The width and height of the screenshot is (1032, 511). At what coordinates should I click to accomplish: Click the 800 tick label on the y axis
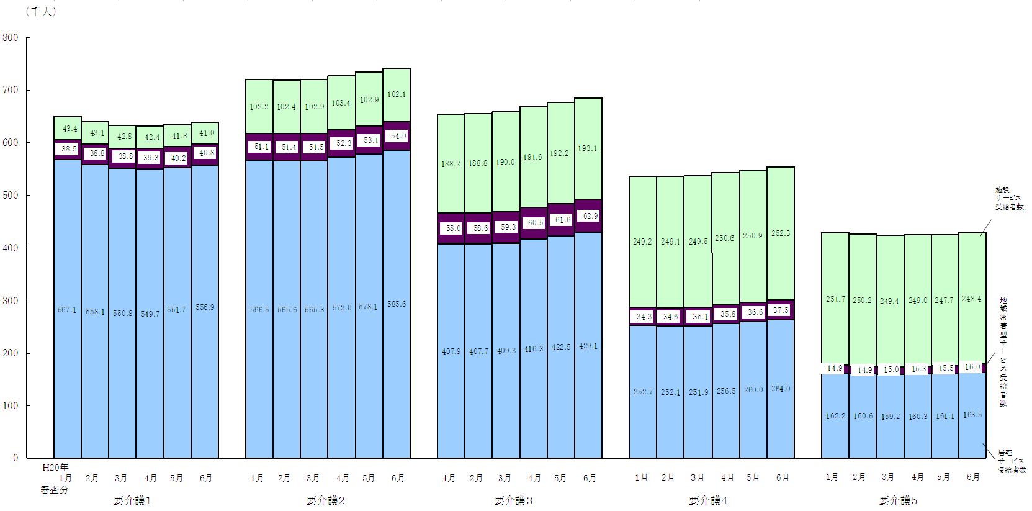pyautogui.click(x=11, y=37)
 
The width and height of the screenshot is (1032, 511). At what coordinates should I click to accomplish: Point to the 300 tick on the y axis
pyautogui.click(x=11, y=301)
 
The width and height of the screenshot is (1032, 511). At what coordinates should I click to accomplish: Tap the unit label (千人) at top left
pyautogui.click(x=41, y=11)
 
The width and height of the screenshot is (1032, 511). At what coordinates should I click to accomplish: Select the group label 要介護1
pyautogui.click(x=132, y=500)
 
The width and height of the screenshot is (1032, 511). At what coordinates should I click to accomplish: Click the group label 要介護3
pyautogui.click(x=513, y=500)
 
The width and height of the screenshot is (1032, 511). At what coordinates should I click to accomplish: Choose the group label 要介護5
pyautogui.click(x=898, y=500)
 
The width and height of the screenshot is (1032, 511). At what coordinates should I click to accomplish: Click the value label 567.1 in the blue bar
pyautogui.click(x=67, y=309)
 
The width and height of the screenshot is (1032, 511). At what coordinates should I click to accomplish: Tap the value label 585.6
pyautogui.click(x=397, y=304)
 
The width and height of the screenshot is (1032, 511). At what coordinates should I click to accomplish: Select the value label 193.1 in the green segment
pyautogui.click(x=588, y=148)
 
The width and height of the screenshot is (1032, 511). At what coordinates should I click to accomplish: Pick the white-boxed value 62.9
pyautogui.click(x=588, y=216)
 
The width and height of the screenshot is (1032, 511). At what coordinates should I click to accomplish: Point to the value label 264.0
pyautogui.click(x=781, y=389)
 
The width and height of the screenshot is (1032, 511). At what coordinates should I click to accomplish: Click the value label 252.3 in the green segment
pyautogui.click(x=781, y=233)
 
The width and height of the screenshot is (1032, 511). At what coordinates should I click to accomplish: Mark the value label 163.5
pyautogui.click(x=972, y=415)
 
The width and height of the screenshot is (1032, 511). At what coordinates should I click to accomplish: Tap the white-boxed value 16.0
pyautogui.click(x=972, y=367)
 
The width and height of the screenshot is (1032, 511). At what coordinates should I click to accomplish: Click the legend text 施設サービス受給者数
pyautogui.click(x=1009, y=199)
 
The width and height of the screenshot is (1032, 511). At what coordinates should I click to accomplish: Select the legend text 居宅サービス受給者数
pyautogui.click(x=1012, y=461)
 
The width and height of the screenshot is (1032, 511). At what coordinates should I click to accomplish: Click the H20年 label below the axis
pyautogui.click(x=55, y=467)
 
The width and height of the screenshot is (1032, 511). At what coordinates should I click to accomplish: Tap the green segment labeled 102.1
pyautogui.click(x=397, y=94)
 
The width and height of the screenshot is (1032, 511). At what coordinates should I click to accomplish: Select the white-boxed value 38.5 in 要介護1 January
pyautogui.click(x=68, y=149)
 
